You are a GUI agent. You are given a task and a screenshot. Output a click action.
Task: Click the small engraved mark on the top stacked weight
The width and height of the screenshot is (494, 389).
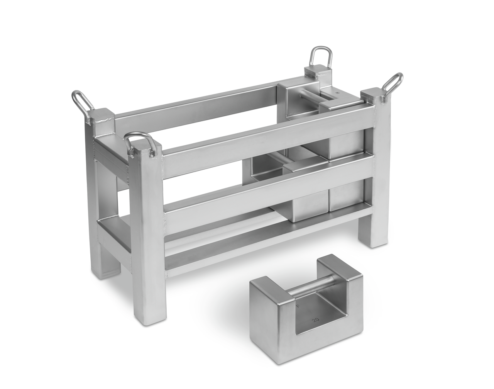click(337, 93)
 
